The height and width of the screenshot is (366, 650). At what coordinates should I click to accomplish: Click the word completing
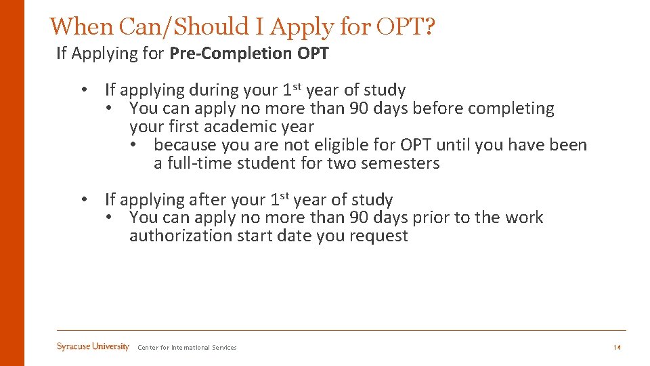pos(514,108)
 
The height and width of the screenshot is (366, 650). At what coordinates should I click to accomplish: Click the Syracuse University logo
pos(93,347)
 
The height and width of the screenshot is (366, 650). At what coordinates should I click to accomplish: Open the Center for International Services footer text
pos(187,348)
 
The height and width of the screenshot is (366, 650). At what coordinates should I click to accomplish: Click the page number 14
pos(617,348)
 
